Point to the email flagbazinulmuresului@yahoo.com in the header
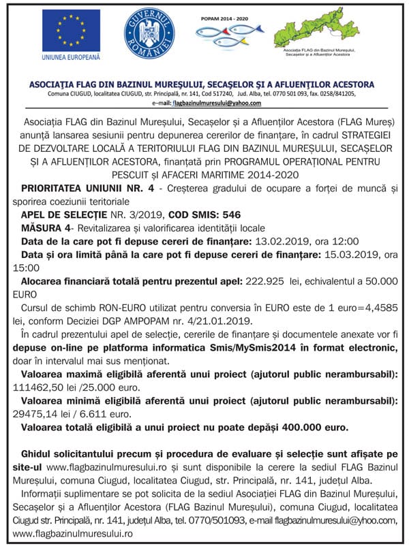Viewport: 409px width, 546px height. coord(217,103)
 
